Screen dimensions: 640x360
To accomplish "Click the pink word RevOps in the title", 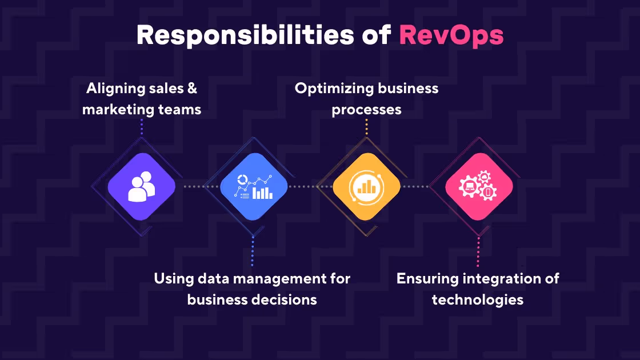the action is click(451, 35).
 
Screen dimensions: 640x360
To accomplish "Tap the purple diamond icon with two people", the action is click(141, 186).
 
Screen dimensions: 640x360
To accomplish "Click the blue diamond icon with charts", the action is click(254, 186).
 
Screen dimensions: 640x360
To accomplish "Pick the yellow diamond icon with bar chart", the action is click(366, 186).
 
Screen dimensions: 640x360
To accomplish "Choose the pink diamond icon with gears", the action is click(479, 186).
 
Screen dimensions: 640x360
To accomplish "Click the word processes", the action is click(366, 109).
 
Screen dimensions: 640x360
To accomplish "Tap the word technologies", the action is click(478, 299).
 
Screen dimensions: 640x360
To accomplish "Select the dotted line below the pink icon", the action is click(478, 251).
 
